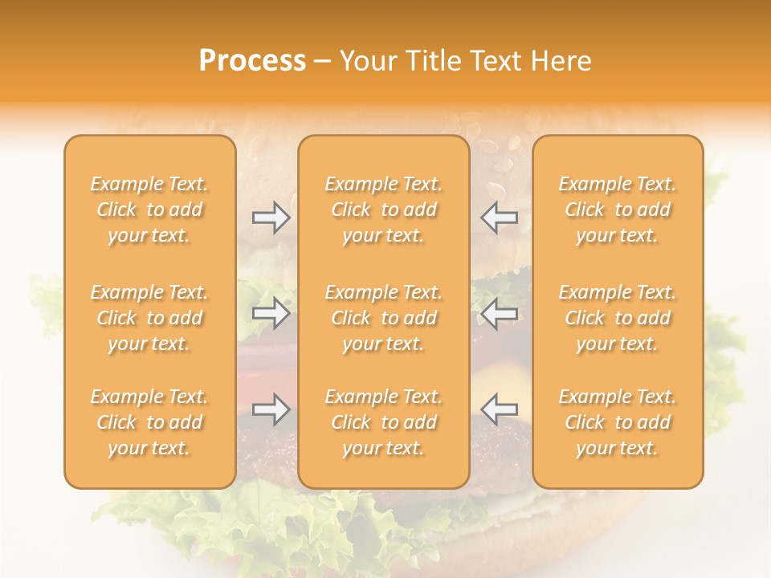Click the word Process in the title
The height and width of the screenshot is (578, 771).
(x=252, y=61)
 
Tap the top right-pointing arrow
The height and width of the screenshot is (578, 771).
(x=271, y=218)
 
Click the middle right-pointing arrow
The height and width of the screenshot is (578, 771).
(x=271, y=313)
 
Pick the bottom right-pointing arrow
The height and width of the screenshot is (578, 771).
(x=271, y=409)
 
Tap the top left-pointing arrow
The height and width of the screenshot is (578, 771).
(x=499, y=218)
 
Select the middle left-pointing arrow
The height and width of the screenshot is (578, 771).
(x=499, y=313)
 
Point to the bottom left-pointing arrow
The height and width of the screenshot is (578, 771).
(x=499, y=409)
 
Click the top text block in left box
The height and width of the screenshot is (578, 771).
(x=149, y=210)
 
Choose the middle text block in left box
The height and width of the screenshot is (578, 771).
(x=149, y=318)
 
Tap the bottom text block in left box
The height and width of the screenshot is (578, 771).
(x=149, y=422)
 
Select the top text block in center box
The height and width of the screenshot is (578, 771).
(x=384, y=210)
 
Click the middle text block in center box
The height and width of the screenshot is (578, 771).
(x=384, y=318)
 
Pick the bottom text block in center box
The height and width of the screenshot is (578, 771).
(x=384, y=422)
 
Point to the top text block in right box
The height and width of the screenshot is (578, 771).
(x=618, y=210)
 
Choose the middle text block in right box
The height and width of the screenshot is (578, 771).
(x=618, y=318)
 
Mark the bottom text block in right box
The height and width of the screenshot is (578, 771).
(x=618, y=422)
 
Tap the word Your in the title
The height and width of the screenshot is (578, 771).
(x=368, y=61)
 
